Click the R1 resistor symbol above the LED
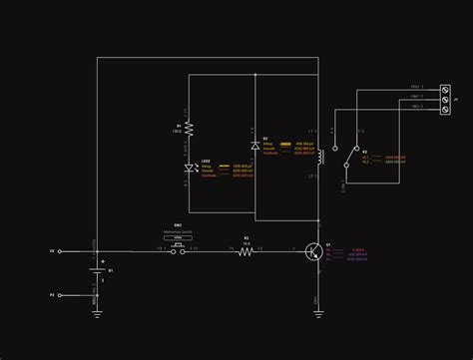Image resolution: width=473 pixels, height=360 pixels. [x=189, y=129]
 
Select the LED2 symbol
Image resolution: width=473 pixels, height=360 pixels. [x=189, y=169]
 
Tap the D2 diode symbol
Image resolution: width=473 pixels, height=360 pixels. [x=255, y=146]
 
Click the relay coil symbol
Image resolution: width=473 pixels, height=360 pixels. [x=318, y=158]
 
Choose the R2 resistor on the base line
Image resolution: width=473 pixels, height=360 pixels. [x=246, y=251]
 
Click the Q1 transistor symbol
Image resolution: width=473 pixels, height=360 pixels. [x=315, y=251]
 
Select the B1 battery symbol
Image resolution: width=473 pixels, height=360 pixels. [x=98, y=271]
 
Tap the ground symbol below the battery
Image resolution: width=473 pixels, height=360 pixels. [x=98, y=311]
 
